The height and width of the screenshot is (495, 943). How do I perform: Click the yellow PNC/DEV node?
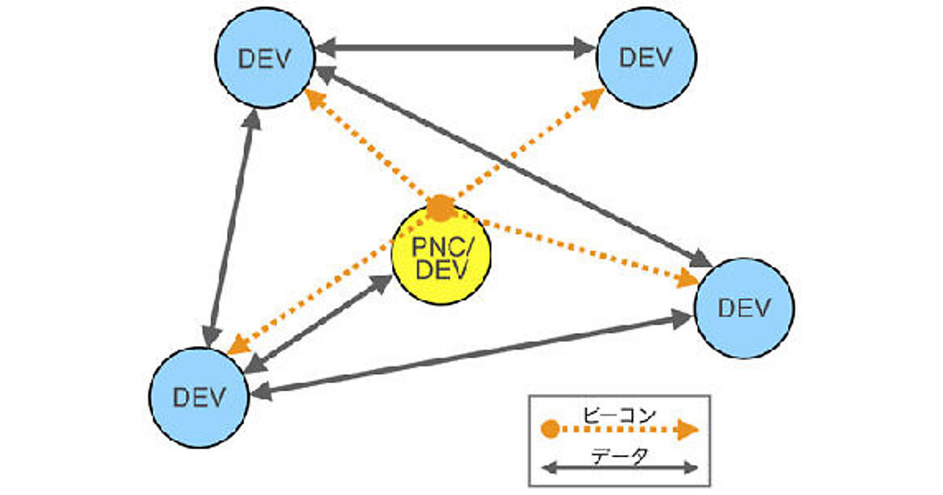[441, 258]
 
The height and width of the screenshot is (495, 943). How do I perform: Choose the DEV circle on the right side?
[744, 308]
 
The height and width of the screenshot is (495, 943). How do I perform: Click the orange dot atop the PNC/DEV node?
[441, 207]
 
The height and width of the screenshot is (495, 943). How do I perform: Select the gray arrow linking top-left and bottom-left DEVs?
[231, 228]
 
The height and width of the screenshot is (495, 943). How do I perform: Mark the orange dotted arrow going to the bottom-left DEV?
[330, 283]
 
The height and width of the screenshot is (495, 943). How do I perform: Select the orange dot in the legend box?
[551, 429]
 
